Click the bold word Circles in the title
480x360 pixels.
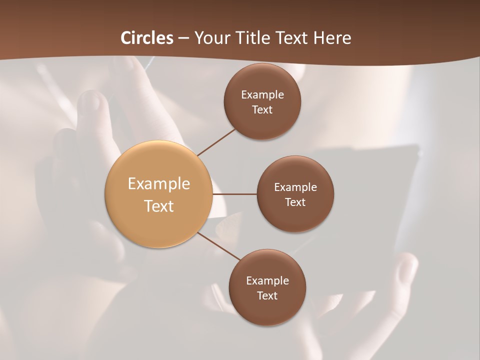tap(147, 38)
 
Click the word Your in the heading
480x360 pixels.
tap(212, 38)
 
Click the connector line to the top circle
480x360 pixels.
tap(216, 142)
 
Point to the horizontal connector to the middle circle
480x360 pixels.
tap(234, 194)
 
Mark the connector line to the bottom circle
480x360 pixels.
tap(219, 246)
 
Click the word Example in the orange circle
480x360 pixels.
tap(159, 184)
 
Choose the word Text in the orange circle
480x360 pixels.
tap(159, 206)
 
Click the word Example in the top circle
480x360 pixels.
tap(262, 95)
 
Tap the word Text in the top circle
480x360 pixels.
tap(262, 110)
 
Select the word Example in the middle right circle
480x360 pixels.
tap(295, 187)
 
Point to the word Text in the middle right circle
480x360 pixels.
tap(295, 202)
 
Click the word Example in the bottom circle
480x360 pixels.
tap(267, 281)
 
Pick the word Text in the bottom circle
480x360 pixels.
tap(267, 296)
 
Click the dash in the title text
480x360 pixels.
tap(183, 38)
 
